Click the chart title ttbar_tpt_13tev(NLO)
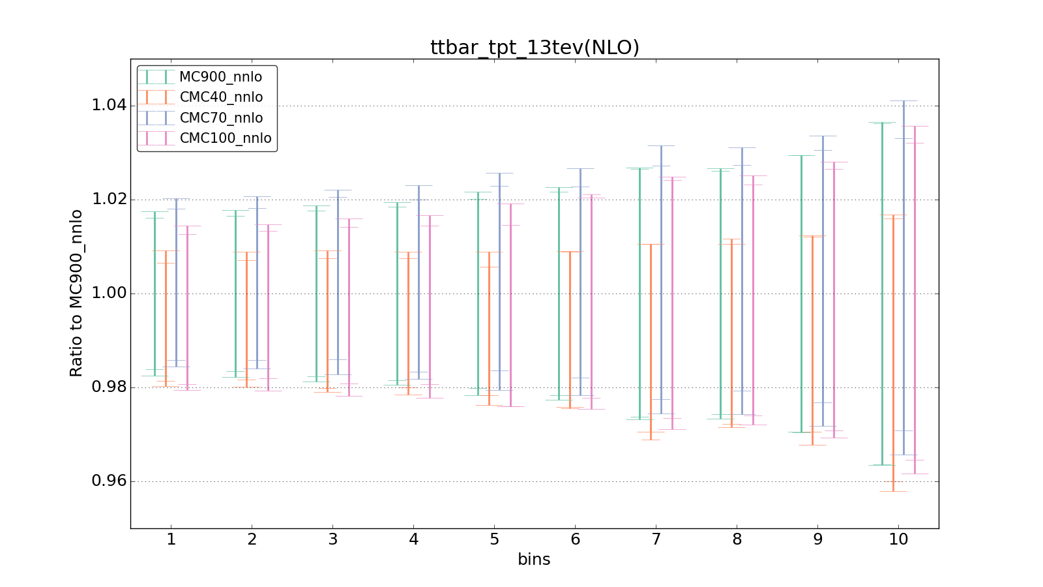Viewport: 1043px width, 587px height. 535,48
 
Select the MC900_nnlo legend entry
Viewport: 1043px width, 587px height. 220,77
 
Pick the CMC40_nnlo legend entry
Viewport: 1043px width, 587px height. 221,97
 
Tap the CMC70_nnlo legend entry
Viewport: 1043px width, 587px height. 221,118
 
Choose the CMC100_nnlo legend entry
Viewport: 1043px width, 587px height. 225,138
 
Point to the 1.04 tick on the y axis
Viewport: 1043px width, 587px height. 109,106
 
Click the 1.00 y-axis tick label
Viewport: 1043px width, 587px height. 109,293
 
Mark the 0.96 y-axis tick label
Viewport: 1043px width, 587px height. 109,481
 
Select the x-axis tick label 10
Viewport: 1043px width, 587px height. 898,539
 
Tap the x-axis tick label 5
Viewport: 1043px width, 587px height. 494,539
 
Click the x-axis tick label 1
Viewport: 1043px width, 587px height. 171,539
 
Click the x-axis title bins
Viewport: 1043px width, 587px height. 534,560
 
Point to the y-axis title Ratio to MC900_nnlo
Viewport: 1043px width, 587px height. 76,293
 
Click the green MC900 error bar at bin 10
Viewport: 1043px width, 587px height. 882,293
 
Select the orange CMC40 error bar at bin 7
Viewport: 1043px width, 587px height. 651,339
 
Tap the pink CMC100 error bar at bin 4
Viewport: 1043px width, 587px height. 430,307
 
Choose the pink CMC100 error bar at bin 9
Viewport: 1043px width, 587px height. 834,300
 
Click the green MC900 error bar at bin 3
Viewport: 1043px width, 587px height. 316,293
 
